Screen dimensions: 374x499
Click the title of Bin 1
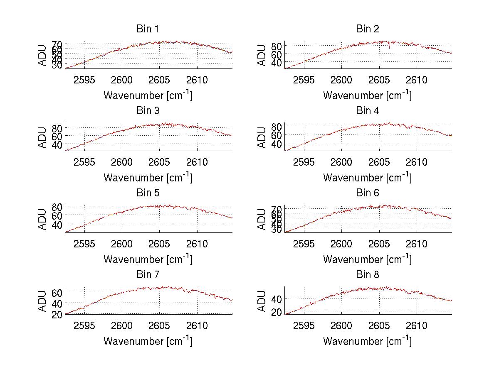[148, 29]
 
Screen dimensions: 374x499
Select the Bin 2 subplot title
[368, 29]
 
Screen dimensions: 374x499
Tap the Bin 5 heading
[148, 193]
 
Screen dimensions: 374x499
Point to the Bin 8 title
[368, 275]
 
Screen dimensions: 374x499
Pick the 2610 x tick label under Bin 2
[417, 80]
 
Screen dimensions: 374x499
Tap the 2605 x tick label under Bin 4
[379, 162]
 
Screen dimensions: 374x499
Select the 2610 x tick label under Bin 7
[197, 326]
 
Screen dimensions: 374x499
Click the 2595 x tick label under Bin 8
[304, 326]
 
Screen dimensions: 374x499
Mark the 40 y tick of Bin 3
[57, 145]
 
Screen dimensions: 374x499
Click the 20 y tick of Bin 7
[57, 314]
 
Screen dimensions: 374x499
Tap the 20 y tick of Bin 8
[276, 313]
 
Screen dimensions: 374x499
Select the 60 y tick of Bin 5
[57, 215]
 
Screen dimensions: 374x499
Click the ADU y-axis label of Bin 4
[262, 137]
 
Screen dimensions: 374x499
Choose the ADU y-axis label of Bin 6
[262, 219]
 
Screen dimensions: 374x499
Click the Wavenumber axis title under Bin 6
[368, 259]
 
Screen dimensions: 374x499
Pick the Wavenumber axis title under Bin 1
[148, 95]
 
